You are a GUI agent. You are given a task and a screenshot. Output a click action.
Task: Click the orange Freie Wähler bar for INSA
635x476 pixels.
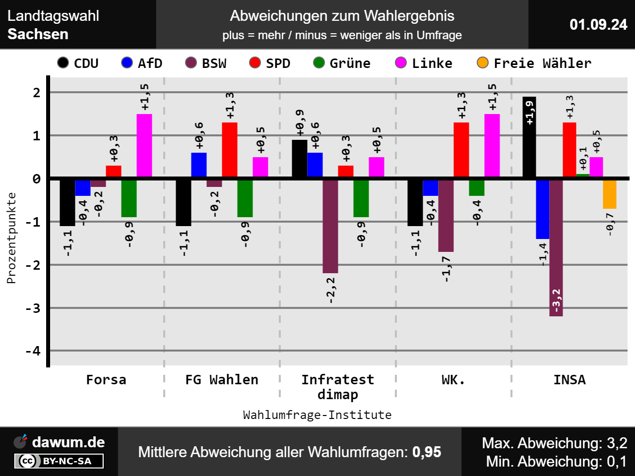609,194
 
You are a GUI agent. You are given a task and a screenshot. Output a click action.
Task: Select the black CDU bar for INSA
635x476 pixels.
529,137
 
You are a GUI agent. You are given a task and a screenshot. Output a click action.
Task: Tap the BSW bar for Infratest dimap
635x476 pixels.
330,226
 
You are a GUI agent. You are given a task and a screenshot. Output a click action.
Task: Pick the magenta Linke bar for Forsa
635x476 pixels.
144,146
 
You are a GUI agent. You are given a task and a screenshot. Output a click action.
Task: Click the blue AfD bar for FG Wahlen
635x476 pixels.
199,165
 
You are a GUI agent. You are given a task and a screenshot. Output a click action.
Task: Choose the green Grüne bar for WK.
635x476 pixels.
477,187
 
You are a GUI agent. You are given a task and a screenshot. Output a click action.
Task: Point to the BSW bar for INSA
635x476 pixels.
556,247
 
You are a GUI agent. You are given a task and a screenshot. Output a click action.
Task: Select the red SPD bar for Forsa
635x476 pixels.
114,172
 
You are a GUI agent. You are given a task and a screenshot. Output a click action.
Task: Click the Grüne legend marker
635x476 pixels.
319,62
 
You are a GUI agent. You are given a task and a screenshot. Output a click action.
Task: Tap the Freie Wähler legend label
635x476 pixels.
542,63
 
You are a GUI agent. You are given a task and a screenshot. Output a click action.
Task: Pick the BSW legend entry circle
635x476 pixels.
191,62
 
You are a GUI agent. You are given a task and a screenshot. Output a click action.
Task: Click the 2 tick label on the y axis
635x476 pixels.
37,93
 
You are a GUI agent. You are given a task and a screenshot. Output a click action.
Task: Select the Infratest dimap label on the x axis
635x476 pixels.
338,387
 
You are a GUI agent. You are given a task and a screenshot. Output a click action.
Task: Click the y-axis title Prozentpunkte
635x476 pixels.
11,238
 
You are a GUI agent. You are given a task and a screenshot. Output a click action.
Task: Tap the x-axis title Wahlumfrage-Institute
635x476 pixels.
317,415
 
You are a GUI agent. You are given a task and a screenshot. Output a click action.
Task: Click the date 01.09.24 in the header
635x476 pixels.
598,24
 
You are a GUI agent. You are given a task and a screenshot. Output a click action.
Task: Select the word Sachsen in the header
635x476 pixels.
38,34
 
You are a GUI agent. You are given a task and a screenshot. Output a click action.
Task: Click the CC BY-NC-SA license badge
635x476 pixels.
59,461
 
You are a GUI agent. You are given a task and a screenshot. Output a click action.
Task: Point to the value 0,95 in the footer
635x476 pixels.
427,452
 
